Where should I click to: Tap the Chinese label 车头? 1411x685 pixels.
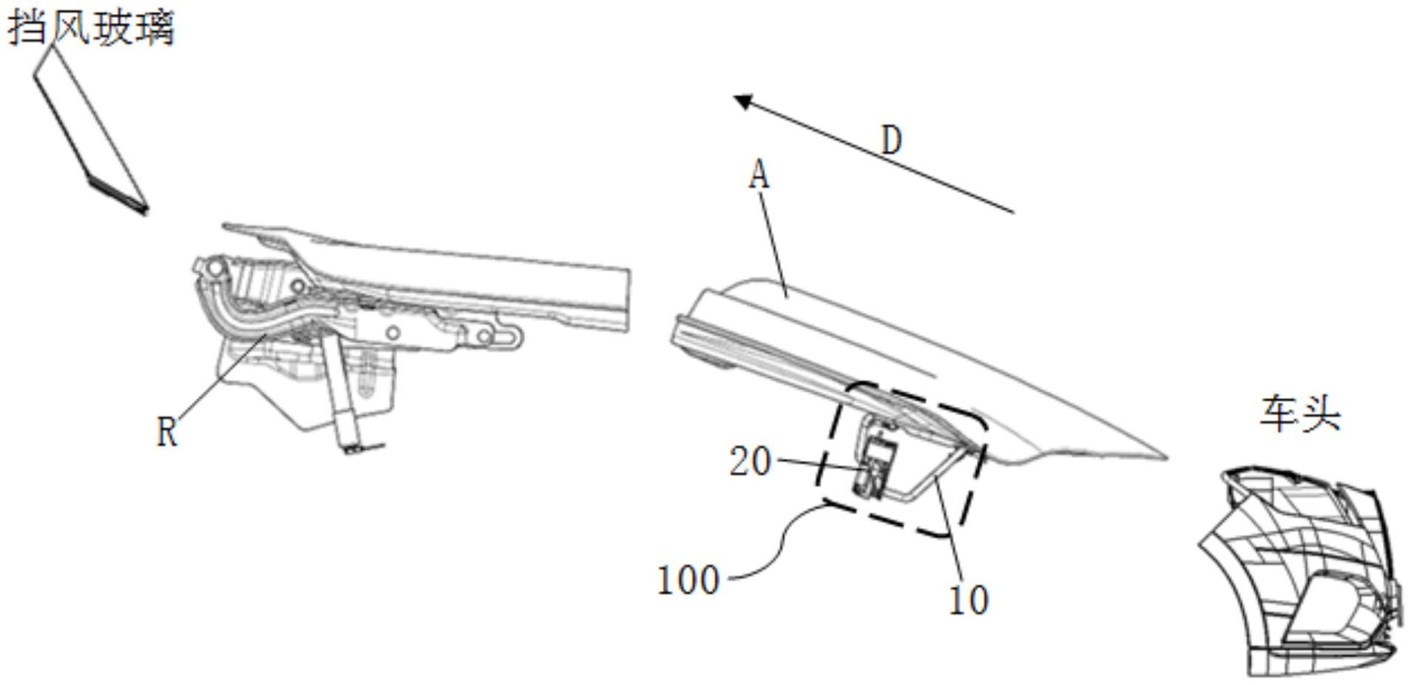(x=1299, y=414)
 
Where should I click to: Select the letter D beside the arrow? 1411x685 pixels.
(x=893, y=140)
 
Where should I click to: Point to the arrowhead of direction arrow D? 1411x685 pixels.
(x=742, y=101)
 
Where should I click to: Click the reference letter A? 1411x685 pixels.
(x=759, y=176)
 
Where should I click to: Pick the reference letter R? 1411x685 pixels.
(x=167, y=431)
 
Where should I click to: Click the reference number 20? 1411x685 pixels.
(x=750, y=462)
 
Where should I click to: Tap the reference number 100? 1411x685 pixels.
(x=688, y=580)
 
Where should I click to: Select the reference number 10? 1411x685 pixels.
(x=968, y=600)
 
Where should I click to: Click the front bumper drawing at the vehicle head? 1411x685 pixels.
(x=1302, y=570)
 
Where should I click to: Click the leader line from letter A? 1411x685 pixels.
(x=774, y=237)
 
